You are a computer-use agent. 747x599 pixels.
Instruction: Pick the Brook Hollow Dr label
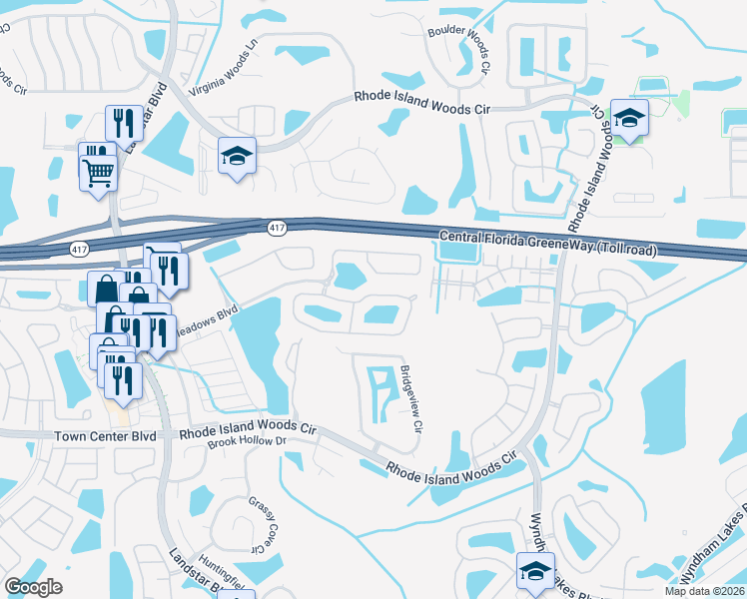[248, 441]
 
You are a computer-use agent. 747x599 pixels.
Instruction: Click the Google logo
[33, 586]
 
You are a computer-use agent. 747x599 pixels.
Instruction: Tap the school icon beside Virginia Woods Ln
[237, 156]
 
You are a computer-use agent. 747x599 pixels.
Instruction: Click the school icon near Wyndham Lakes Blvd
[535, 572]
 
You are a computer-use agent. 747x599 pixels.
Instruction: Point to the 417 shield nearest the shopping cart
[79, 247]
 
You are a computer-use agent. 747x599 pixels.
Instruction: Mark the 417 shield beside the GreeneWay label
[277, 229]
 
